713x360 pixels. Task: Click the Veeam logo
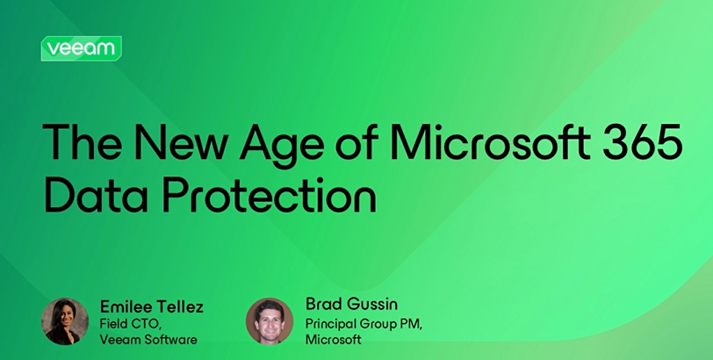pyautogui.click(x=81, y=48)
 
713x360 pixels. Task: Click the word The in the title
pyautogui.click(x=82, y=140)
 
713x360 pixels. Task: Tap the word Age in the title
pyautogui.click(x=282, y=146)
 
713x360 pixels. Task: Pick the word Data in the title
pyautogui.click(x=95, y=195)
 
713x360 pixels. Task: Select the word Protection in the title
pyautogui.click(x=270, y=195)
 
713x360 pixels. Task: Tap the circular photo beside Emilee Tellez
pyautogui.click(x=65, y=321)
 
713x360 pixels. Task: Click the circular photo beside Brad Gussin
pyautogui.click(x=270, y=321)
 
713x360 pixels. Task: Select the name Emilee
pyautogui.click(x=126, y=306)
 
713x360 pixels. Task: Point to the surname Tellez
pyautogui.click(x=179, y=306)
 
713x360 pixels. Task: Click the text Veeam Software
pyautogui.click(x=148, y=340)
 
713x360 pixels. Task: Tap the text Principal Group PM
pyautogui.click(x=364, y=325)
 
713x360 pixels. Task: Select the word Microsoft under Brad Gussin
pyautogui.click(x=334, y=339)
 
